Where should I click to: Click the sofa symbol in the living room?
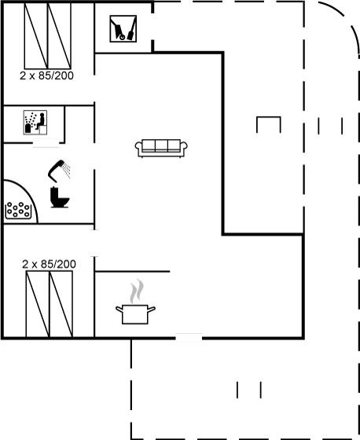[x=161, y=148]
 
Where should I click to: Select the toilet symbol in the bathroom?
[x=60, y=197]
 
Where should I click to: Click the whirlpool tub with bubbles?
[x=18, y=210]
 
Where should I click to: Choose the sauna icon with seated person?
[x=35, y=123]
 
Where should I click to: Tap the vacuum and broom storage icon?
[x=123, y=28]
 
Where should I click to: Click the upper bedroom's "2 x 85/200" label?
[x=46, y=75]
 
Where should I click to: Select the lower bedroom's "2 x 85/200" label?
[x=49, y=264]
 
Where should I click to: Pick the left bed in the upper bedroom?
[x=36, y=36]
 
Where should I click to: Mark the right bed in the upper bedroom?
[x=59, y=36]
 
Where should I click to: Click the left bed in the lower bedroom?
[x=38, y=304]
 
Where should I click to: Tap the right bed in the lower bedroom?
[x=61, y=304]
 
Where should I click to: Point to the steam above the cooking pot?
[x=137, y=291]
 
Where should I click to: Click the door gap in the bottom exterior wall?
[x=189, y=337]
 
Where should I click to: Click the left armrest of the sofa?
[x=138, y=148]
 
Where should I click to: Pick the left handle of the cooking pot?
[x=119, y=310]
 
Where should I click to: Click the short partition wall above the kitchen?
[x=132, y=271]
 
